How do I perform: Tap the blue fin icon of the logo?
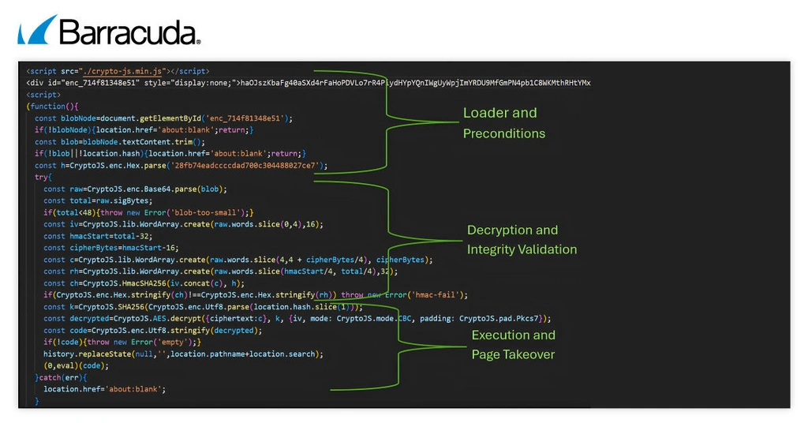[36, 30]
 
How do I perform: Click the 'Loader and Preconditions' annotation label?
[503, 123]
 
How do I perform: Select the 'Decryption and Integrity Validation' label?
[522, 240]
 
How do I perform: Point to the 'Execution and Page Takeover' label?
[513, 345]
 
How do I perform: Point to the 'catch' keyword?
[50, 378]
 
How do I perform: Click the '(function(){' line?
[52, 107]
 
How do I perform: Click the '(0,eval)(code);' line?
[77, 366]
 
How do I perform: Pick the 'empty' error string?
[172, 343]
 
